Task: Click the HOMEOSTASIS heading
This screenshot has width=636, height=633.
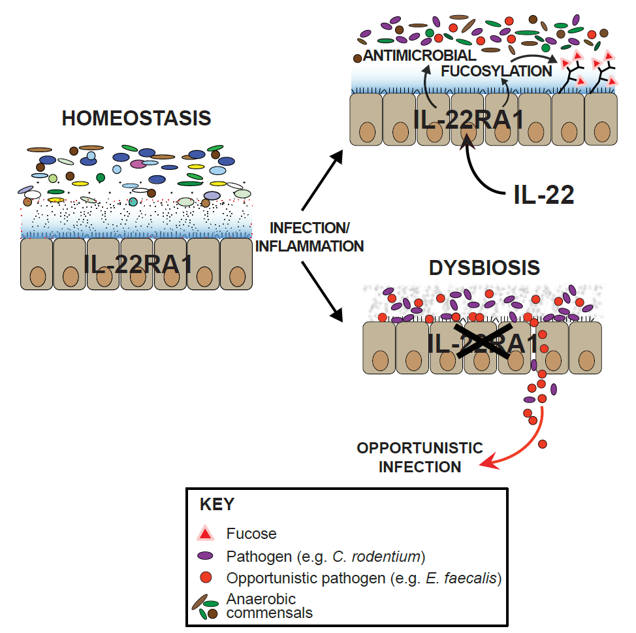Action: click(x=136, y=118)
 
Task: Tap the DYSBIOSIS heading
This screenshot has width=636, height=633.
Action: click(x=485, y=268)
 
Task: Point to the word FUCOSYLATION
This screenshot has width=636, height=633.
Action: click(x=497, y=71)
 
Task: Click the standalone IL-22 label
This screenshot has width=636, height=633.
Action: click(x=541, y=195)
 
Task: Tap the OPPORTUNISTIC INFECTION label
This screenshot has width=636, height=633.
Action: click(x=420, y=457)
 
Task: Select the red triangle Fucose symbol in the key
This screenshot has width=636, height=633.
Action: click(x=206, y=534)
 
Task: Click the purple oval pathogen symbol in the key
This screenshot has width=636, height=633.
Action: click(x=206, y=557)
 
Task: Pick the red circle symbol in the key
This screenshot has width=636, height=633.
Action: click(x=206, y=578)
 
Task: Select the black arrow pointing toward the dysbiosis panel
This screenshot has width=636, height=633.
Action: click(x=323, y=290)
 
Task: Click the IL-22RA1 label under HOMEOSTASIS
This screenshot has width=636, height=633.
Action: click(x=138, y=263)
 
